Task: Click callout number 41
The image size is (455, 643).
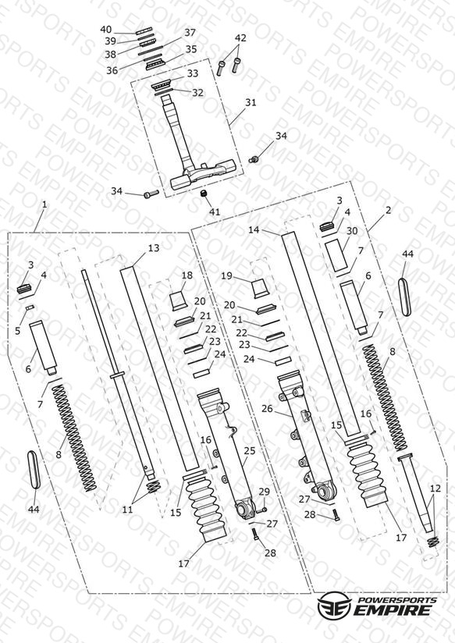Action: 215,211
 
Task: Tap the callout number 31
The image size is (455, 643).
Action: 251,102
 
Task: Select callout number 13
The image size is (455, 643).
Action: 154,247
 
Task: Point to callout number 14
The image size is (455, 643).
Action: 254,229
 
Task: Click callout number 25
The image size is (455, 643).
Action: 250,450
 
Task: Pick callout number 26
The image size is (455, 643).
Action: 267,408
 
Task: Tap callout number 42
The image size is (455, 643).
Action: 240,37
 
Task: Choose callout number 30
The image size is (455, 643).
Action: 352,231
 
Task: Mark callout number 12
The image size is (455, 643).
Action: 435,488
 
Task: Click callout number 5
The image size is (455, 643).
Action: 17,331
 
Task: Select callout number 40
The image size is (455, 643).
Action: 106,30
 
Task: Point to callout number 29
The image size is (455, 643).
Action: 265,492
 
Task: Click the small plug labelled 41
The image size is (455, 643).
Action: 203,194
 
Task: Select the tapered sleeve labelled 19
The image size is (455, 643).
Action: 259,288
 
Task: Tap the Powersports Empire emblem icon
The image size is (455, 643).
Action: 334,605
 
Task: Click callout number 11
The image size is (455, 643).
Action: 127,510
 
